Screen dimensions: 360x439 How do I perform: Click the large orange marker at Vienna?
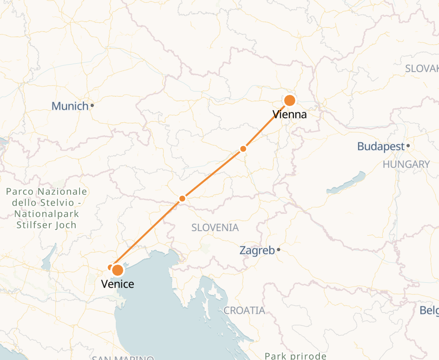[290, 100]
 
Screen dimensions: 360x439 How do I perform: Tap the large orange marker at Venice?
[118, 270]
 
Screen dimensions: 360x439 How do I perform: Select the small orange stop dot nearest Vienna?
[243, 149]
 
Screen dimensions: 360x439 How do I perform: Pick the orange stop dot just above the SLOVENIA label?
[182, 199]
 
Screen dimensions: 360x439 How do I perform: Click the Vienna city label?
[290, 114]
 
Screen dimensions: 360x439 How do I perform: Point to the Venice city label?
[118, 284]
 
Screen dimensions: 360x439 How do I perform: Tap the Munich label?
[70, 106]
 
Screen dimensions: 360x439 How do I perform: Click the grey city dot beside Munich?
[92, 105]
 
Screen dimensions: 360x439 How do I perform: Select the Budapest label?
[381, 147]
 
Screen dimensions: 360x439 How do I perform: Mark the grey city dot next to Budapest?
[408, 146]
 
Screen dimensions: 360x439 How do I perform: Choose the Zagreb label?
[257, 251]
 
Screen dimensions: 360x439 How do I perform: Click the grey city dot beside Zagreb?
[279, 250]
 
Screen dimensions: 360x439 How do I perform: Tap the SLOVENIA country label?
[215, 227]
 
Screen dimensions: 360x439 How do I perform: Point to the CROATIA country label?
[244, 310]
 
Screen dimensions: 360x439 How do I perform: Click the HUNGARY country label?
[406, 164]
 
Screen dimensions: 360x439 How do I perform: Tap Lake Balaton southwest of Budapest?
[346, 183]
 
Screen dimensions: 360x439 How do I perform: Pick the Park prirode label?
[295, 356]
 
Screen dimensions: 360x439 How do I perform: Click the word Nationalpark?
[47, 214]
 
